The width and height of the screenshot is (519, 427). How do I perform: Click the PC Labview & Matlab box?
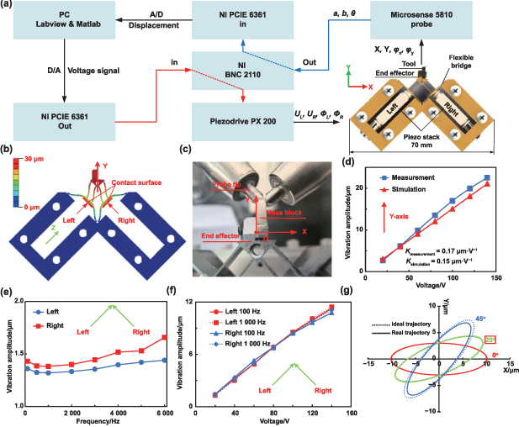tap(64, 25)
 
